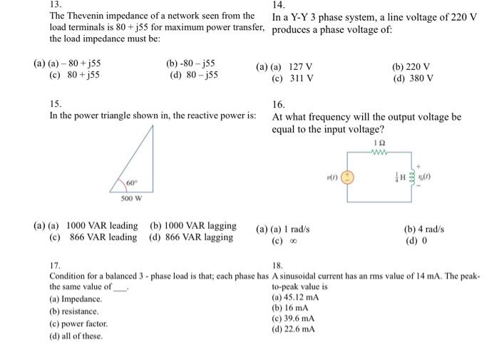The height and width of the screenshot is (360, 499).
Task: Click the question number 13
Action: pyautogui.click(x=54, y=4)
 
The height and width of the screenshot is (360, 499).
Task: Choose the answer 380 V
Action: pyautogui.click(x=419, y=78)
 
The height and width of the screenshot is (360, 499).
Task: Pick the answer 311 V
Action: pyautogui.click(x=301, y=78)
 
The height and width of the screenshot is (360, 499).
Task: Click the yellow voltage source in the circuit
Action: pyautogui.click(x=349, y=176)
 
